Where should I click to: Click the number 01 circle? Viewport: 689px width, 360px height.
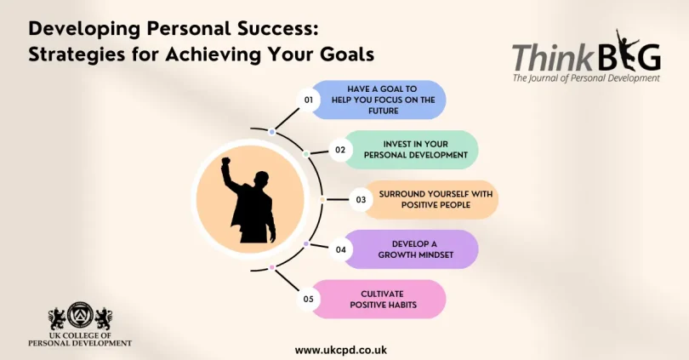coord(310,100)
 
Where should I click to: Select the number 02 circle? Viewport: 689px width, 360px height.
coord(339,150)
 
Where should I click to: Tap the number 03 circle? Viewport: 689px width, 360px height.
coord(361,200)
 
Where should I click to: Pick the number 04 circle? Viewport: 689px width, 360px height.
coord(340,249)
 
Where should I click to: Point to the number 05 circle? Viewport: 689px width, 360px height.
coord(310,300)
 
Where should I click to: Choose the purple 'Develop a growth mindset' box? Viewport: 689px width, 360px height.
coord(414,249)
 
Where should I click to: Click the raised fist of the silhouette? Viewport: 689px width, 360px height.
coord(226,162)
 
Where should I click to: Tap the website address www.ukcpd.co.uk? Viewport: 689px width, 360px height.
coord(341,350)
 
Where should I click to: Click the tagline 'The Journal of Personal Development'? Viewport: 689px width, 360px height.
coord(586,78)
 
